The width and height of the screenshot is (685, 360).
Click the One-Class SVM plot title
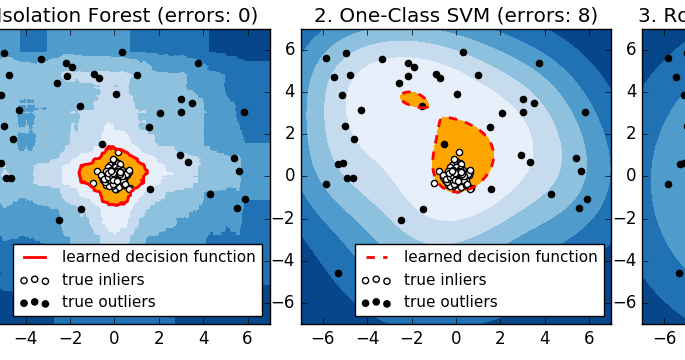[x=456, y=15]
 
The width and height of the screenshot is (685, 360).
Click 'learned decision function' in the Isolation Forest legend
[x=158, y=257]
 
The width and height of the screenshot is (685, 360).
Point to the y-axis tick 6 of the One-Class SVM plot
[x=289, y=48]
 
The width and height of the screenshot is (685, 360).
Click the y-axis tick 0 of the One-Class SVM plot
[x=289, y=175]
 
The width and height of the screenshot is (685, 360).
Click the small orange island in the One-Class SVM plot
[x=413, y=99]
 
